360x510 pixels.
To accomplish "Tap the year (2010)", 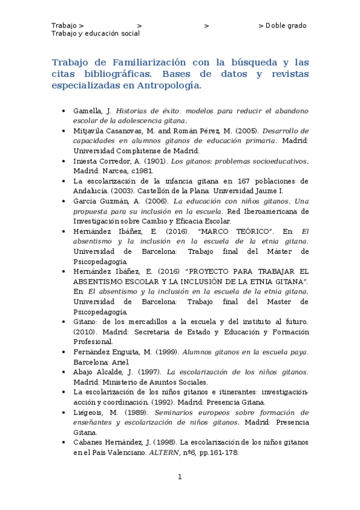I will pos(84,332).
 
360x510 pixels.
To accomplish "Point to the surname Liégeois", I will pos(90,413).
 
